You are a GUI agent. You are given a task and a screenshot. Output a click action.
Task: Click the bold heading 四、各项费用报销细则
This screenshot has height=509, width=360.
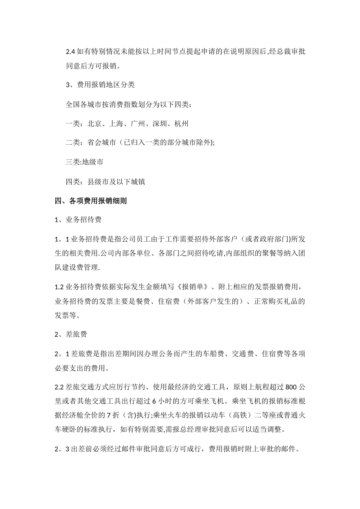[x=91, y=201]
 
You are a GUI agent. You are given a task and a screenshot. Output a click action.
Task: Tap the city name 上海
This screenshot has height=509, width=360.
[x=116, y=124]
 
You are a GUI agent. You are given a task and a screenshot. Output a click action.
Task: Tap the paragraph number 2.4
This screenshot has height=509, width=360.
[x=71, y=52]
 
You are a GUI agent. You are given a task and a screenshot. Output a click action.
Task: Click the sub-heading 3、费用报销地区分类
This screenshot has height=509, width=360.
[x=100, y=85]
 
